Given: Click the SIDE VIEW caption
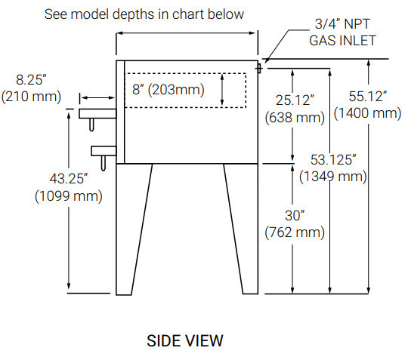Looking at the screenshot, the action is tap(185, 340).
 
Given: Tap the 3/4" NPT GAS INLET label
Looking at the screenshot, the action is tap(342, 32).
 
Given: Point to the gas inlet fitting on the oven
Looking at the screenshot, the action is tap(258, 69).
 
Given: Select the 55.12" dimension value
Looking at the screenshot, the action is tap(367, 96).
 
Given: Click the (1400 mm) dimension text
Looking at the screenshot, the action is tap(367, 113).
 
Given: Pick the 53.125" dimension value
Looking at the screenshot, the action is tap(333, 159).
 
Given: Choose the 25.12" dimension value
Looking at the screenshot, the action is tap(295, 100).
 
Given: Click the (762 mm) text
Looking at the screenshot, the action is tap(295, 232).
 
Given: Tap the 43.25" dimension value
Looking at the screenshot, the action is tap(69, 179).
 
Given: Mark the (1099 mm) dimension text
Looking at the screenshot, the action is tap(69, 195).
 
